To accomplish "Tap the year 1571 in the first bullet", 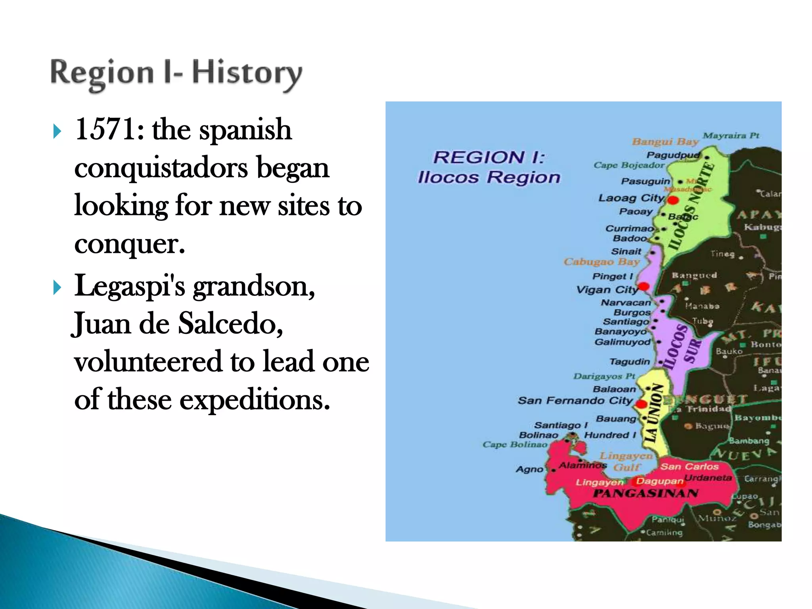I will pos(106,130).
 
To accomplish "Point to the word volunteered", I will pos(148,362).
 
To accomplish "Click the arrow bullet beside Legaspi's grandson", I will pos(57,287).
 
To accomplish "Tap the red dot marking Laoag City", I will pos(673,200).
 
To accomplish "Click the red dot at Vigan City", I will pos(643,286).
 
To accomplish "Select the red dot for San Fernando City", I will pos(641,404).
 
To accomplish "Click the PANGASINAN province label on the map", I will pos(645,493).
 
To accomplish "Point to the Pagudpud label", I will pos(673,155).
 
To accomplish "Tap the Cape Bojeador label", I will pos(628,165).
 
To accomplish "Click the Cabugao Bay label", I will pos(602,262).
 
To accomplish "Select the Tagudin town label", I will pos(630,362).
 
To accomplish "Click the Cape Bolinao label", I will pos(514,444).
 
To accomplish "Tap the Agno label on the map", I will pos(529,469).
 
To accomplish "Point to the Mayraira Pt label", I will pos(731,136).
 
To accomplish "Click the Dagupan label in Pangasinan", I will pos(659,481).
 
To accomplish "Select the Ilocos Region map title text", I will pos(489,177).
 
